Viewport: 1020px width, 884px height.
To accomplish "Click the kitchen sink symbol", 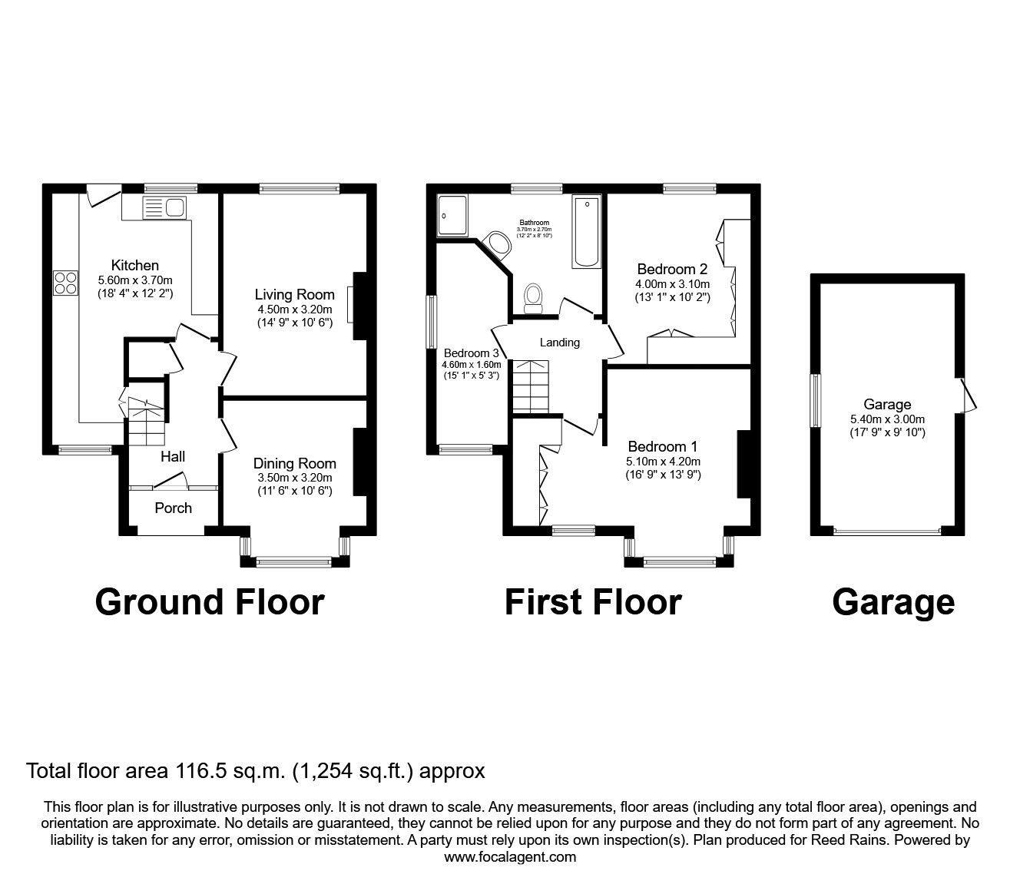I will point(164,207).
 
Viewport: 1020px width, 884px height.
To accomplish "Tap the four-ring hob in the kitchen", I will point(65,283).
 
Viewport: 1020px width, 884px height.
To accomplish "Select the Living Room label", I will point(295,294).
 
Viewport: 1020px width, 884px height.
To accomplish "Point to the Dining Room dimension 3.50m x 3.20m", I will point(295,477).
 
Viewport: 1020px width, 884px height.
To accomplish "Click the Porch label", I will point(174,508).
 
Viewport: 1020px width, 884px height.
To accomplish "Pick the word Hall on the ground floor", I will point(173,456).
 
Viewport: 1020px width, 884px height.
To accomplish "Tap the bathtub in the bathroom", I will point(587,231).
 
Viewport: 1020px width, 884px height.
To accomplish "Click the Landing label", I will point(559,343).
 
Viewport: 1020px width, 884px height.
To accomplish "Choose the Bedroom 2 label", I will point(672,270).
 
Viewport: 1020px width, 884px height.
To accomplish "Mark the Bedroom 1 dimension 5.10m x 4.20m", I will point(664,462).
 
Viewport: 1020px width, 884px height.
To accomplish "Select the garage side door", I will point(967,395).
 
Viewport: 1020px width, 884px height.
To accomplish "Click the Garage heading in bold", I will point(893,602).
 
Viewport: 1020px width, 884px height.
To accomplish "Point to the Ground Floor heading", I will point(210,602).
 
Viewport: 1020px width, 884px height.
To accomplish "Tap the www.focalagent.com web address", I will point(510,856).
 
